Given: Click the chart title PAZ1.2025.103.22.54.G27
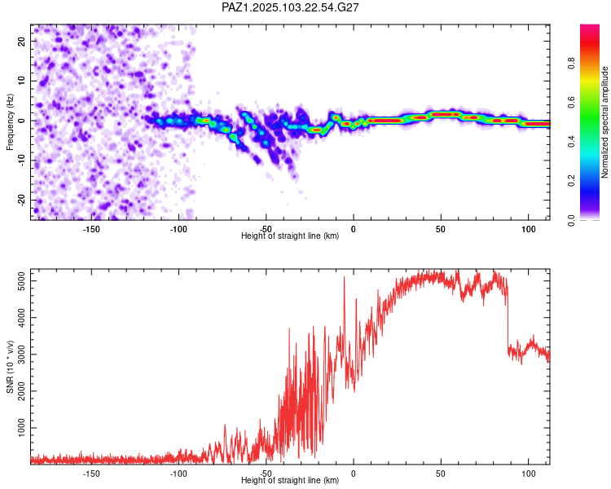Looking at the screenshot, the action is pyautogui.click(x=290, y=7).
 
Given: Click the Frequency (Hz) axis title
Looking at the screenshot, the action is pyautogui.click(x=10, y=121).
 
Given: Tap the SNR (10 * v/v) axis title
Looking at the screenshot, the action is pyautogui.click(x=10, y=367).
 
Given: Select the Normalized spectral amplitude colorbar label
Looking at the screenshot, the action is pyautogui.click(x=604, y=122).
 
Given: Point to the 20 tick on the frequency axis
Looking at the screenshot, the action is pyautogui.click(x=22, y=41).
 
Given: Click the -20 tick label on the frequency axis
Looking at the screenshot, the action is pyautogui.click(x=22, y=200).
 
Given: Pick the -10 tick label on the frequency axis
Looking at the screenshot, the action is pyautogui.click(x=22, y=161).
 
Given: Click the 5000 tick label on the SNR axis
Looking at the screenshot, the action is pyautogui.click(x=22, y=280).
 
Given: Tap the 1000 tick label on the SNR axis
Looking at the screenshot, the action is pyautogui.click(x=22, y=428).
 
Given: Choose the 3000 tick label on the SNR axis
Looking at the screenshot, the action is pyautogui.click(x=22, y=354).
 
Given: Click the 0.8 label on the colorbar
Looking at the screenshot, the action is pyautogui.click(x=571, y=63).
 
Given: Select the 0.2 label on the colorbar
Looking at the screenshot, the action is pyautogui.click(x=571, y=180).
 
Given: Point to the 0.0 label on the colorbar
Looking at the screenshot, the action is pyautogui.click(x=571, y=220).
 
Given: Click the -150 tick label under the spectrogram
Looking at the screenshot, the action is pyautogui.click(x=90, y=229).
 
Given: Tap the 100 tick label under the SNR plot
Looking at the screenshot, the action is pyautogui.click(x=529, y=474).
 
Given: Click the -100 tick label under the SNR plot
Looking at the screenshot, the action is pyautogui.click(x=178, y=474).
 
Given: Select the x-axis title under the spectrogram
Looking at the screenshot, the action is pyautogui.click(x=290, y=236).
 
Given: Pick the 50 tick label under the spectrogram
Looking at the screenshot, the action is pyautogui.click(x=441, y=229).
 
